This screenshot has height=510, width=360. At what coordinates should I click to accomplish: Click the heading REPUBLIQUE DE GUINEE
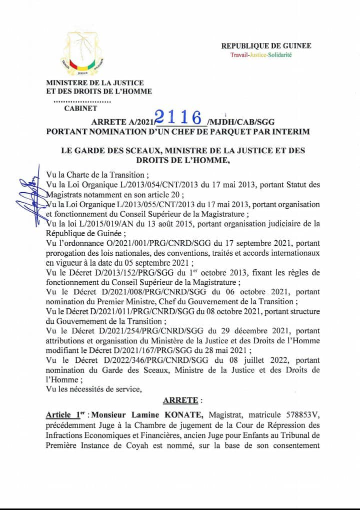(x=266, y=46)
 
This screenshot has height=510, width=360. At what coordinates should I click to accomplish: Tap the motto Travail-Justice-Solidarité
(x=260, y=55)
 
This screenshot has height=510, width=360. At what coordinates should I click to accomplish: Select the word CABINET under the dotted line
(x=81, y=108)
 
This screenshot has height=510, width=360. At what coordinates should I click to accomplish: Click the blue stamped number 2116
(x=179, y=117)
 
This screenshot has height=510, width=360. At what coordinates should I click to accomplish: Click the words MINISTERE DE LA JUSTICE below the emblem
(x=95, y=83)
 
